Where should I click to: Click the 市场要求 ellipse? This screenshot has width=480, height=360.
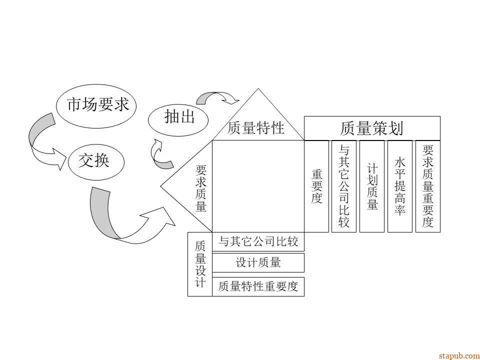click(97, 105)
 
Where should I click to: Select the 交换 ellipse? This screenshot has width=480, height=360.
click(94, 161)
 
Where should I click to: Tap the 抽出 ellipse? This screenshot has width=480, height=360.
click(178, 118)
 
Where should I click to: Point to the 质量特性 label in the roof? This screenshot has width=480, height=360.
click(256, 128)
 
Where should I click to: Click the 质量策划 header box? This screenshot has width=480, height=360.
click(372, 128)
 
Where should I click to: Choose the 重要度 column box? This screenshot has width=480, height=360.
click(317, 186)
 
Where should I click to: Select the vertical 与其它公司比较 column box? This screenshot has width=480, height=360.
click(344, 186)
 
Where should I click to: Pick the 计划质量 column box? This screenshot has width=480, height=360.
click(372, 186)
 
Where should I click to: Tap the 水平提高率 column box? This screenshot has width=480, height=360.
click(399, 186)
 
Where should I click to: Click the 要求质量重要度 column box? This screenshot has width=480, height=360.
click(427, 186)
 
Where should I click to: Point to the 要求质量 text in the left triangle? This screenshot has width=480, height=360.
click(200, 188)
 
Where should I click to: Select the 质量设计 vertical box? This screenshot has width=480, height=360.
click(200, 264)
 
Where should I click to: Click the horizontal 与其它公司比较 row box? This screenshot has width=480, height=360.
click(258, 242)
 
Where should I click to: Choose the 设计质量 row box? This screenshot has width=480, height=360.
click(258, 262)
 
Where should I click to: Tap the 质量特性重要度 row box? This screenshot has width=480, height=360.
click(258, 286)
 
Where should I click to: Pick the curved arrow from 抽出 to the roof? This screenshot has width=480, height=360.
click(218, 96)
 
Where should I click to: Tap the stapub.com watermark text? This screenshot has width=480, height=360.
click(458, 355)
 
